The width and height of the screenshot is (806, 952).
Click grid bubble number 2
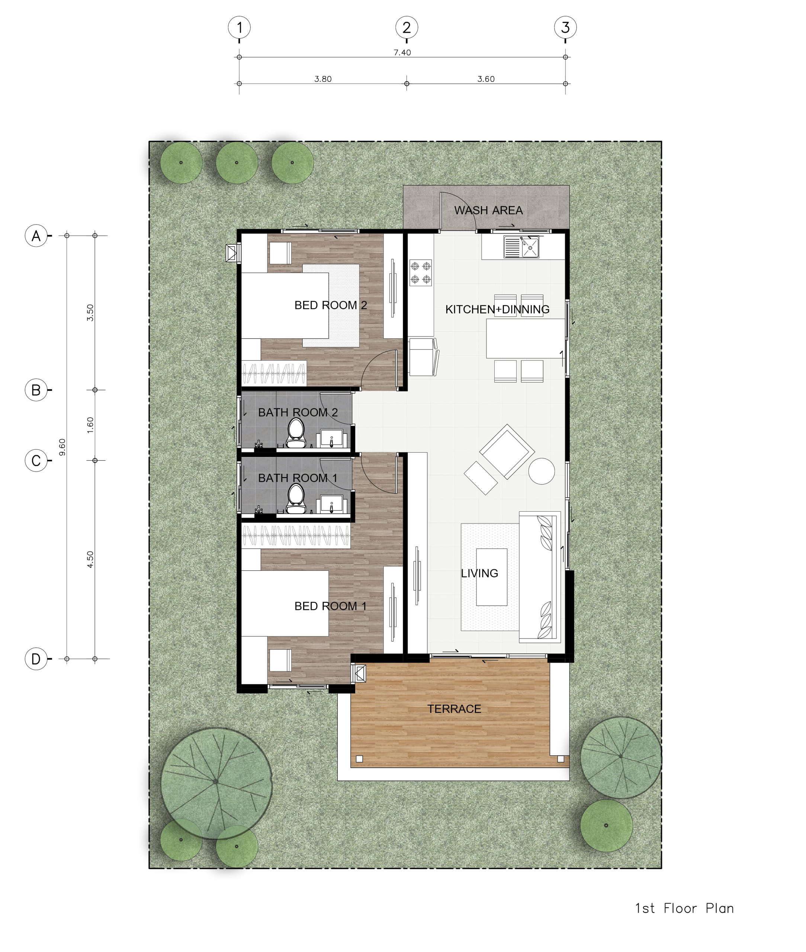406,28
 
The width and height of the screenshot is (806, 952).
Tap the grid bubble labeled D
36,659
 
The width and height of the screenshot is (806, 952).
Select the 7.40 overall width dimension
402,52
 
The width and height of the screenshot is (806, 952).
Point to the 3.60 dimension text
486,79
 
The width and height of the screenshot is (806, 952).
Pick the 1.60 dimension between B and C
90,425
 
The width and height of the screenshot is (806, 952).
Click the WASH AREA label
488,210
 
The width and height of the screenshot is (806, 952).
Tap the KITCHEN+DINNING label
497,309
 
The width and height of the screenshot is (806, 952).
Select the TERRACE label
454,708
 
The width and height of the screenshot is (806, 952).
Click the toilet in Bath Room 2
296,433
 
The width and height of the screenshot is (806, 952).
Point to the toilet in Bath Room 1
296,498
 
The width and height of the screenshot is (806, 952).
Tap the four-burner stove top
420,272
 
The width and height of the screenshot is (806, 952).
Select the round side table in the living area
542,471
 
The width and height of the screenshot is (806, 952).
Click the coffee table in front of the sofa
492,577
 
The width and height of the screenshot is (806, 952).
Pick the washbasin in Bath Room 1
331,504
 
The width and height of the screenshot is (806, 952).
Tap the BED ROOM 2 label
330,305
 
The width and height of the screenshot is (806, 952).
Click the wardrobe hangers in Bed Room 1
296,536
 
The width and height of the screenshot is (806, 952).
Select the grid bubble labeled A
36,236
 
